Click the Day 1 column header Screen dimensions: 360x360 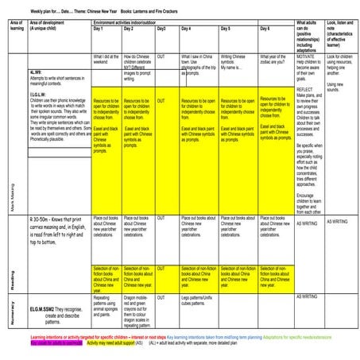[98, 28]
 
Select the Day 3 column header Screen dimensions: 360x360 [161, 28]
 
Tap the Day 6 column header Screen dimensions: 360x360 [265, 28]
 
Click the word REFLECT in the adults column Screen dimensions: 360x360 [306, 91]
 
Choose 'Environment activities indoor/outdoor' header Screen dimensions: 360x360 [129, 21]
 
